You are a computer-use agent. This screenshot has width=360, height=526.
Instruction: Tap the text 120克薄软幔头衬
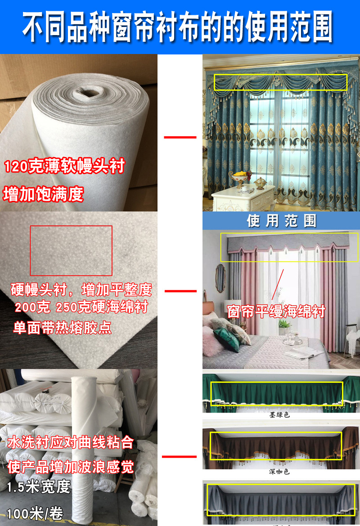click(64, 166)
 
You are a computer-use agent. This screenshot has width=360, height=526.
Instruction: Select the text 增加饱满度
click(44, 194)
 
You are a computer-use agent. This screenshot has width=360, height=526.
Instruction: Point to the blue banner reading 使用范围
click(281, 221)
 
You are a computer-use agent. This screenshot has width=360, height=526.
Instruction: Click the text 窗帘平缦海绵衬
click(276, 311)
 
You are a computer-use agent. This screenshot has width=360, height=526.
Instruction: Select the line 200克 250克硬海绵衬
click(81, 308)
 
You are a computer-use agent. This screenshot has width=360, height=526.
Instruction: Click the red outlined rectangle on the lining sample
click(71, 251)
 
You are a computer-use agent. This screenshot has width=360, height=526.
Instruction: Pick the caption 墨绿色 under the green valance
click(279, 414)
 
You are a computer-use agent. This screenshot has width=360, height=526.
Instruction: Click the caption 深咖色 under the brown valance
click(279, 472)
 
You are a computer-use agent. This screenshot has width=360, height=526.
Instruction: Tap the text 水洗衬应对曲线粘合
click(71, 442)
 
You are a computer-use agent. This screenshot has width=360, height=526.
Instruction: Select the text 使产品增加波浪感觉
click(71, 467)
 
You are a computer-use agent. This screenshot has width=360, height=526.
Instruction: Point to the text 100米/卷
click(35, 513)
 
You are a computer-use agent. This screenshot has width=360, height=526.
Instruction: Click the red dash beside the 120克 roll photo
click(180, 137)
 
